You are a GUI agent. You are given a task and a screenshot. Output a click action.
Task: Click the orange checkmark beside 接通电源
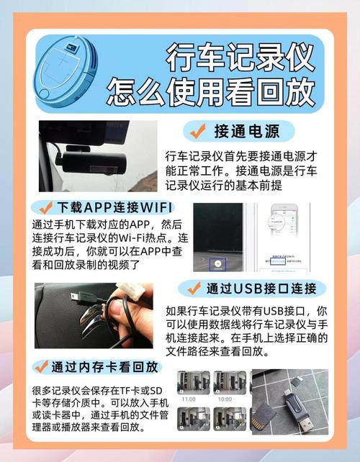[196, 131]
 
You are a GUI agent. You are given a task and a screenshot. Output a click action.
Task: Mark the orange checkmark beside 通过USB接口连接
[193, 289]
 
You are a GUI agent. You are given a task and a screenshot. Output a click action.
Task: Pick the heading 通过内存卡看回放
[104, 366]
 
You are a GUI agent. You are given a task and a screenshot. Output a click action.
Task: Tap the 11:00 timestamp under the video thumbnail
[189, 398]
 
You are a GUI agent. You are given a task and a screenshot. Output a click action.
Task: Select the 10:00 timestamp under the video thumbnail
[225, 398]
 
